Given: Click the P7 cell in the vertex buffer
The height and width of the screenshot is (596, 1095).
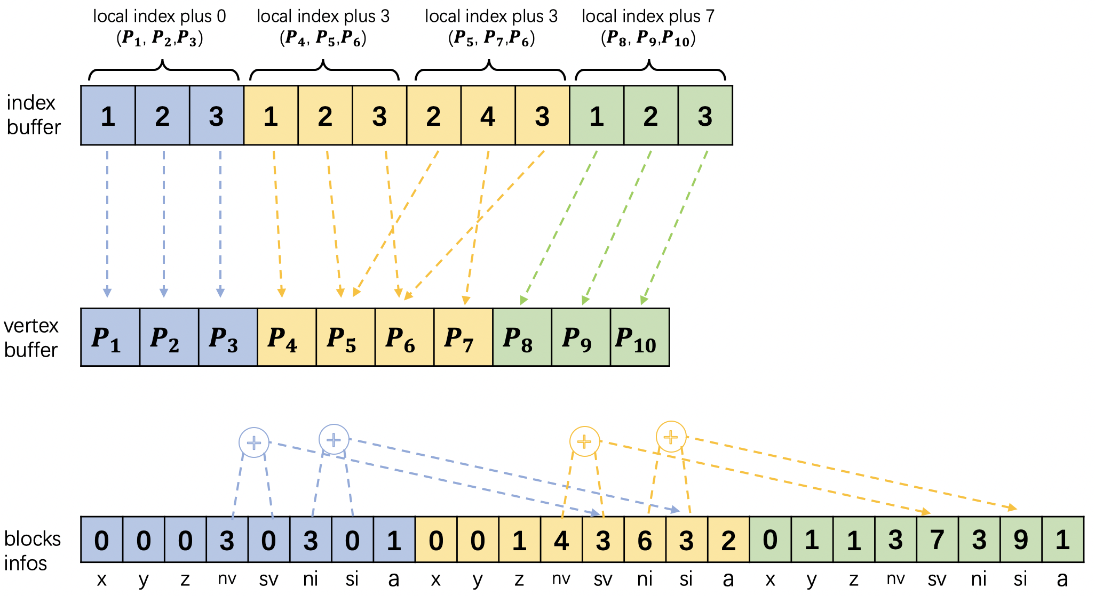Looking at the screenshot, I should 463,337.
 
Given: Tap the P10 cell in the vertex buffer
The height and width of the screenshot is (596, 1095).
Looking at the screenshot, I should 639,337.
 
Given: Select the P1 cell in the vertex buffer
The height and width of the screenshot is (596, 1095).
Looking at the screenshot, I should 110,337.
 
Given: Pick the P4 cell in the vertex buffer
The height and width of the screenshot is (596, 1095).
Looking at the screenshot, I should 287,337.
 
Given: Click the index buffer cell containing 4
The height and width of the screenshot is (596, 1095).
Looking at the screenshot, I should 488,116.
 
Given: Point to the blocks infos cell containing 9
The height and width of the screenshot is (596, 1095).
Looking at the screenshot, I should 1021,540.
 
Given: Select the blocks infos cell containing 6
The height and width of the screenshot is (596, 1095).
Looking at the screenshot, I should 645,540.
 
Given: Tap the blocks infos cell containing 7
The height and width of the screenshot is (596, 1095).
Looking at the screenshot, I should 937,540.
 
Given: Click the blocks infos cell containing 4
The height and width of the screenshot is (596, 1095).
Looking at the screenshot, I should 561,540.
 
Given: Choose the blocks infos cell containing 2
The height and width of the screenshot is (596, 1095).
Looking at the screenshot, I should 728,540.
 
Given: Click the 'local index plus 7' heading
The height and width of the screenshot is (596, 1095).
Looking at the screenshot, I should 648,17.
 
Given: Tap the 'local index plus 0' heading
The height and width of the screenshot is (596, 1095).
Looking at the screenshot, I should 159,17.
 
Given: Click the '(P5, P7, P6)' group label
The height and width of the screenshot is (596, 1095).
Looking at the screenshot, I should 491,39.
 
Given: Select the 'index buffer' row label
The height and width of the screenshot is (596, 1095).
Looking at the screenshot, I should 33,115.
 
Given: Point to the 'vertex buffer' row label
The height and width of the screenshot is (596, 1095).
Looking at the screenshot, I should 31,337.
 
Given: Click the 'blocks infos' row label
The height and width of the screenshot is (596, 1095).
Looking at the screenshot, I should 32,551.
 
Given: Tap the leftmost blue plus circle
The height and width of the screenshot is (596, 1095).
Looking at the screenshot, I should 254,442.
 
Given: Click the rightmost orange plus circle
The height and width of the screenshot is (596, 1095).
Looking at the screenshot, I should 671,437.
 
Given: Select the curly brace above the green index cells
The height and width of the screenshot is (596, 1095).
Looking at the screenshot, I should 650,70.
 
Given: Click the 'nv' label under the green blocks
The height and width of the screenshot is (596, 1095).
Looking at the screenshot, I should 895,579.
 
